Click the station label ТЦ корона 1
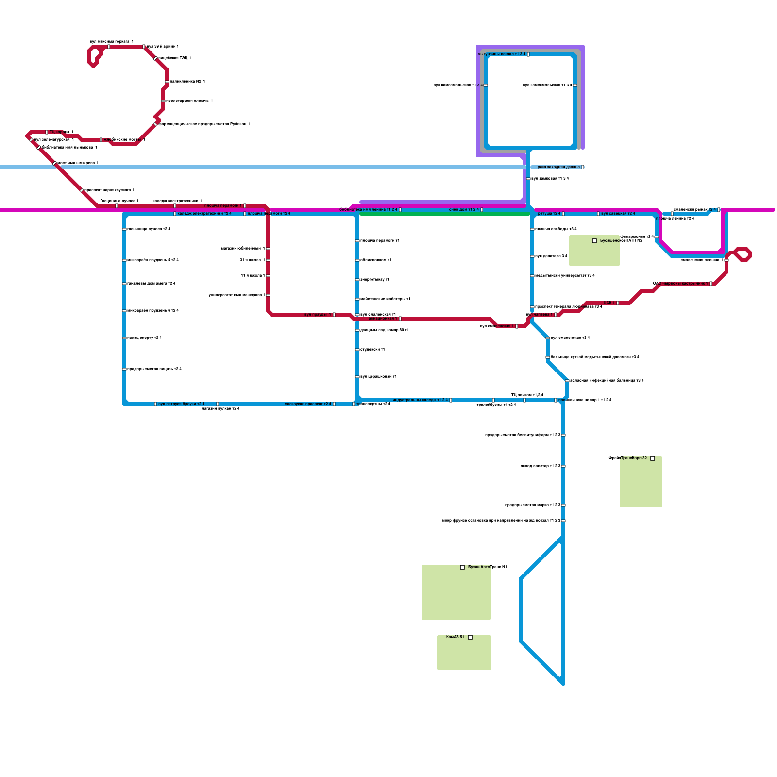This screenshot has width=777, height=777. click(x=62, y=132)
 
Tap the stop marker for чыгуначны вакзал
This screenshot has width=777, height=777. click(x=528, y=54)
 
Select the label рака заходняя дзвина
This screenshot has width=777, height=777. click(x=558, y=167)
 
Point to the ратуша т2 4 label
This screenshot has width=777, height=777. click(x=549, y=214)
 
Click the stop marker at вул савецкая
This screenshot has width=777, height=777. click(x=598, y=214)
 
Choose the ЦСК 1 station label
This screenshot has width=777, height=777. click(x=609, y=303)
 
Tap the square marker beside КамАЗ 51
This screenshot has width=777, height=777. click(x=470, y=637)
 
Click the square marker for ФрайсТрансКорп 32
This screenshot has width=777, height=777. click(x=653, y=458)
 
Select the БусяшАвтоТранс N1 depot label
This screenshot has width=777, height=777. click(x=487, y=567)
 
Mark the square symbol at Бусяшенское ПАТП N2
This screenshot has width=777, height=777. click(x=594, y=241)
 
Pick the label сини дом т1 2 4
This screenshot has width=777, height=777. click(x=464, y=210)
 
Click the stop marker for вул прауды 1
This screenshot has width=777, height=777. click(x=334, y=315)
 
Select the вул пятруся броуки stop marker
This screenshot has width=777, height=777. click(x=155, y=404)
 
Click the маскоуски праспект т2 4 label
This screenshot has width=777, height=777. click(x=307, y=404)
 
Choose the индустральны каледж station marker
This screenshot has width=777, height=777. click(x=451, y=400)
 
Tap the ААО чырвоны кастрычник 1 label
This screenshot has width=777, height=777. click(x=680, y=284)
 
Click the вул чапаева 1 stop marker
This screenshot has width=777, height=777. click(x=556, y=315)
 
